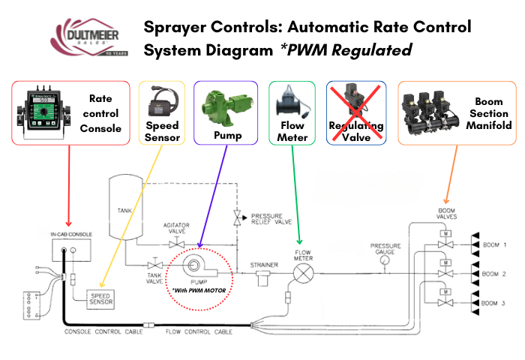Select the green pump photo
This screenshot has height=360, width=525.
(x=224, y=106)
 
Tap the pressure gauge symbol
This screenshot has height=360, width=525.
(x=385, y=259)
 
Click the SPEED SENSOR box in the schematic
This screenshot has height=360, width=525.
(x=101, y=298)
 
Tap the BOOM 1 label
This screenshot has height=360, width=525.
(x=495, y=245)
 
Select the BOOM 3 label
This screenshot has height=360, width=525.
(x=495, y=302)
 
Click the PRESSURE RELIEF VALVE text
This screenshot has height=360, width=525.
(x=271, y=218)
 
